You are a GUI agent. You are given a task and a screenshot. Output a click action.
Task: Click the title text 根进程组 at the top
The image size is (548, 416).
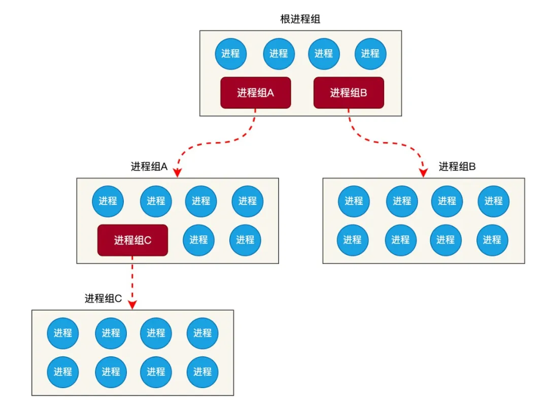point(300,19)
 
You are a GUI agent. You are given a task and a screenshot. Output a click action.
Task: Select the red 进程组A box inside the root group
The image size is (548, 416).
point(255,93)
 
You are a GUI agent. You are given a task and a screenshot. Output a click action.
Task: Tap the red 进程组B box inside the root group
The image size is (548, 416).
point(349,93)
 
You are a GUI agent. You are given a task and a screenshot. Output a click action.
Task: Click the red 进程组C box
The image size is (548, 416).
point(132,240)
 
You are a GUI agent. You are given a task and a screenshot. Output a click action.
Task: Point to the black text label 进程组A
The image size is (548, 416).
point(149,166)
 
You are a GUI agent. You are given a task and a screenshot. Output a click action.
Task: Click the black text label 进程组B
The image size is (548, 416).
point(457,166)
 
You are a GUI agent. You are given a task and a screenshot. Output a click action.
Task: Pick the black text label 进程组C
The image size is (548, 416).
point(103,298)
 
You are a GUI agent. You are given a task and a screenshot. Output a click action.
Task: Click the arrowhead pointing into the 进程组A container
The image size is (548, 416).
point(177,172)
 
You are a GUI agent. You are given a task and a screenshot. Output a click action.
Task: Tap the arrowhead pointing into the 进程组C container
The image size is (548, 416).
point(132,304)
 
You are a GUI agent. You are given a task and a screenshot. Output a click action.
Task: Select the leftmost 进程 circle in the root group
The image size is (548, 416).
point(231,53)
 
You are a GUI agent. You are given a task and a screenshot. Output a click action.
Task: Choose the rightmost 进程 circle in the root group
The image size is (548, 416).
point(370,53)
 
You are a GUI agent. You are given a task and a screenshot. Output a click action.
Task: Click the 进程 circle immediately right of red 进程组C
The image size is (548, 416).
point(199,239)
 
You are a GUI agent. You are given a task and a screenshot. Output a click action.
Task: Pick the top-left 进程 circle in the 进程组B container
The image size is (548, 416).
point(354,201)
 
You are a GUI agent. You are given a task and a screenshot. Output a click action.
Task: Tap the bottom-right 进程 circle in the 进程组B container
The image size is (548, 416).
point(492,239)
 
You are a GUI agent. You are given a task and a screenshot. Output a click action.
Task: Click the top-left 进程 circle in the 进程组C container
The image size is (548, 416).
point(63,333)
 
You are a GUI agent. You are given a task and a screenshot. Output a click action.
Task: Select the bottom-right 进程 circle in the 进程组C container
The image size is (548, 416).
point(202,371)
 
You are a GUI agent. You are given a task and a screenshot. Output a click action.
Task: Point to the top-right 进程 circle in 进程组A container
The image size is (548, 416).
point(248,201)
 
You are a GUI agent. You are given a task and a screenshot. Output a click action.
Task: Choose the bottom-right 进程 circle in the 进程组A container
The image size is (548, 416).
point(245,239)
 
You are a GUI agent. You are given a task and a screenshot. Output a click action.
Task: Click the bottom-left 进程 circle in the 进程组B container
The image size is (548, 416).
point(353,239)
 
